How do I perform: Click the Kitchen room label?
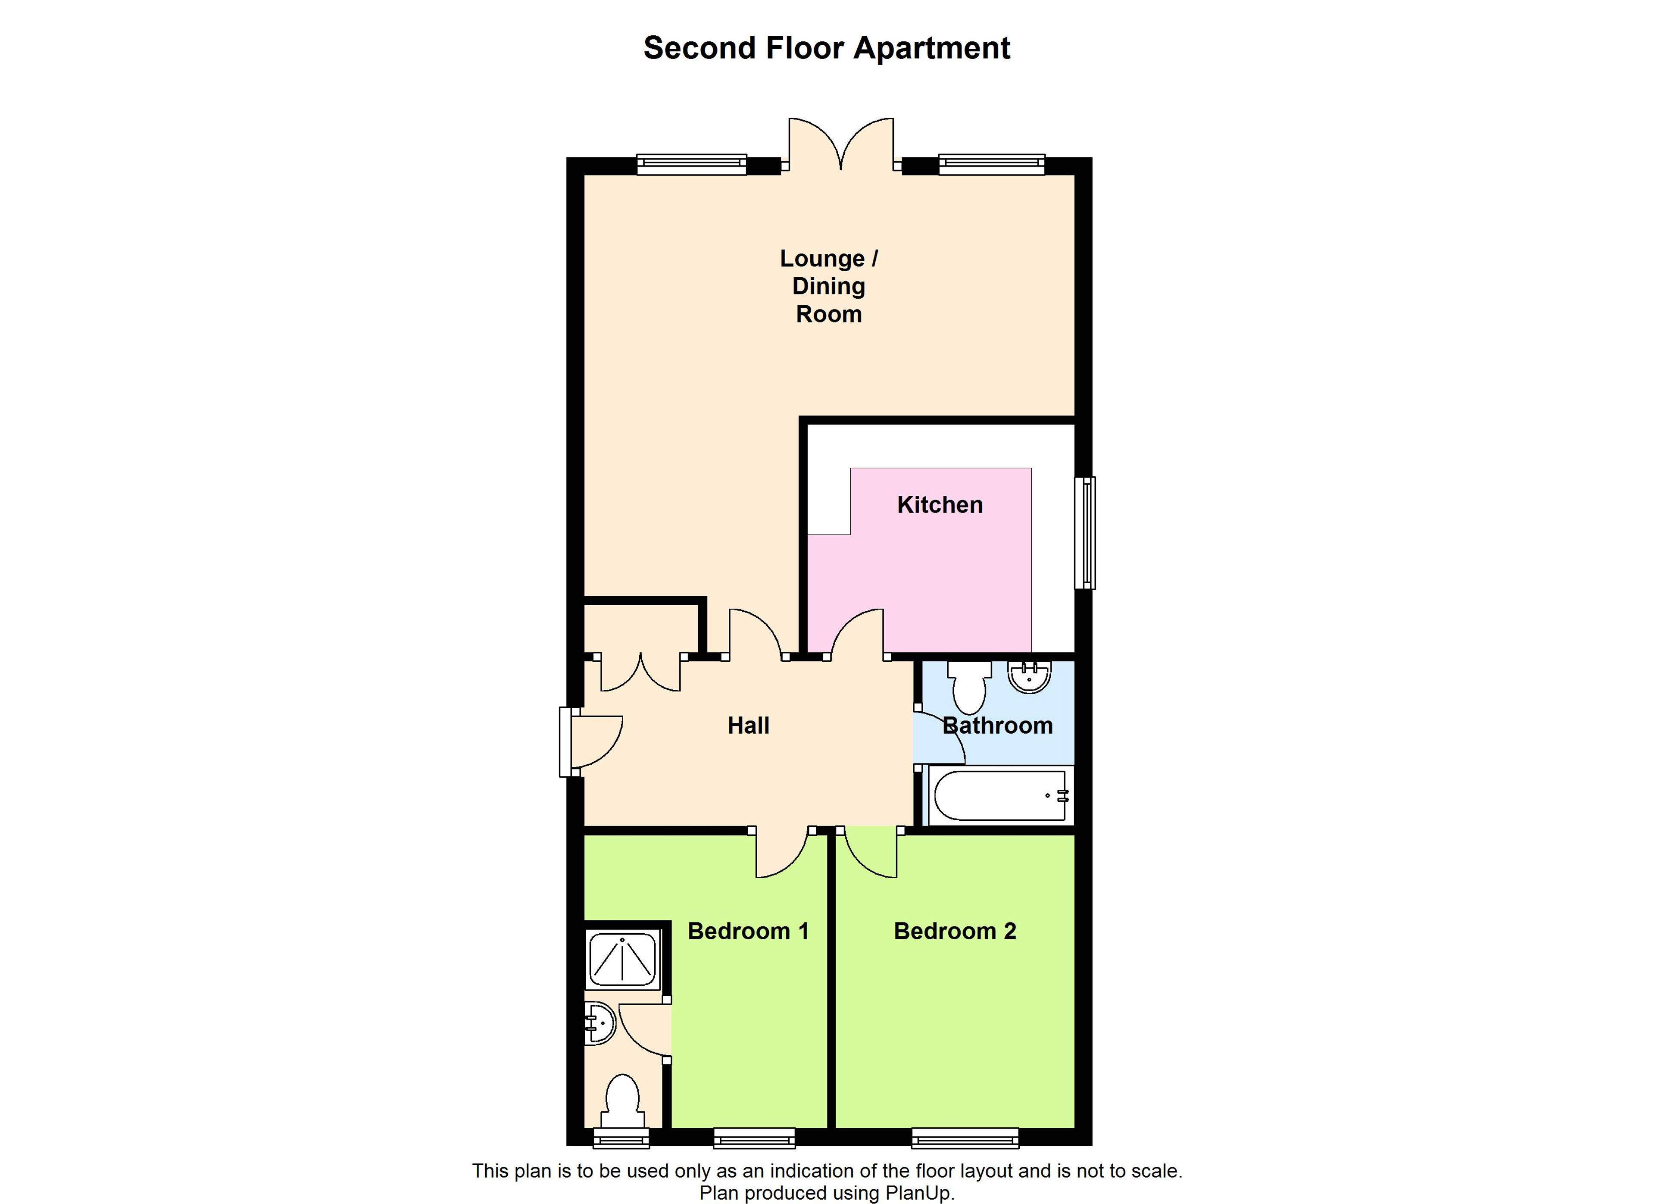pos(940,505)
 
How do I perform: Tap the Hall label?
pos(749,726)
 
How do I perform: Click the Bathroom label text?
pos(997,726)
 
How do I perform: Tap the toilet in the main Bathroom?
pos(969,686)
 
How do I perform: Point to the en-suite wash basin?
pos(600,1023)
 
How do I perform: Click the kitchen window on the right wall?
pos(1085,533)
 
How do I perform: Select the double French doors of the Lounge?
pos(841,143)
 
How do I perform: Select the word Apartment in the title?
pos(932,49)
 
